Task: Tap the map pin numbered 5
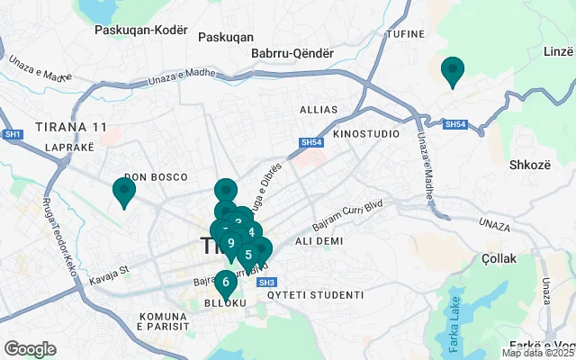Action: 247,254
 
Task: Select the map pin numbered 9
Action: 231,243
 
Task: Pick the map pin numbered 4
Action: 250,232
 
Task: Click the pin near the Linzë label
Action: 452,69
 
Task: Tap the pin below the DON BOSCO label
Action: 123,190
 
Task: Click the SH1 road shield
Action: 13,134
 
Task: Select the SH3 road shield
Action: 265,283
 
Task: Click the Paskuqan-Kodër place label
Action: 145,30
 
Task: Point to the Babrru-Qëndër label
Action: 292,53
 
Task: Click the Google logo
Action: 30,349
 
